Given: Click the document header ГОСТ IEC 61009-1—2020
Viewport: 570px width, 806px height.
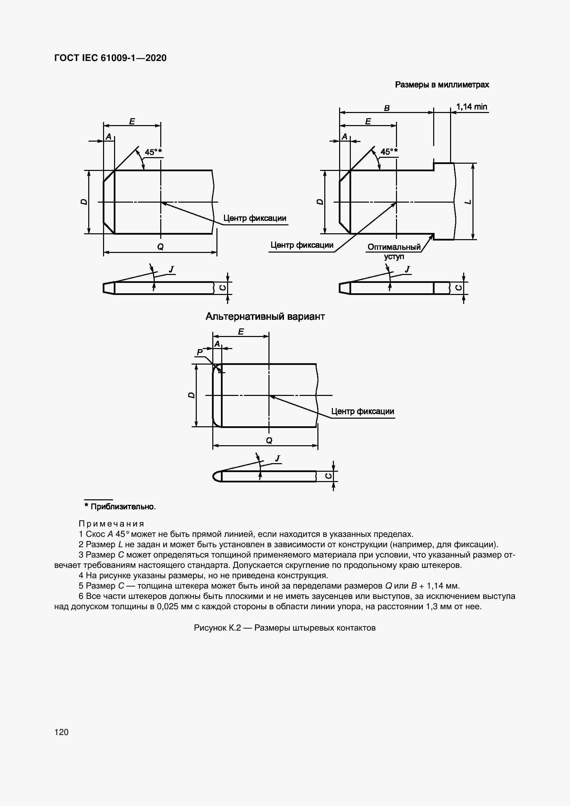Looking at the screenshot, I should tap(110, 58).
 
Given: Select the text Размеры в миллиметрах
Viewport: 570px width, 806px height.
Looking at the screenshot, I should tap(441, 85).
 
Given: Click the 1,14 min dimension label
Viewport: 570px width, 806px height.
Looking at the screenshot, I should tap(471, 107).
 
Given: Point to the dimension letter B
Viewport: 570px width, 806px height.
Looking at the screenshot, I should tap(386, 108).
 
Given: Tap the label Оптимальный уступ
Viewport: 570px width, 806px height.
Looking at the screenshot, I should tap(394, 251).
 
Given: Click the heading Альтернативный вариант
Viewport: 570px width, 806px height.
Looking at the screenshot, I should tap(265, 316).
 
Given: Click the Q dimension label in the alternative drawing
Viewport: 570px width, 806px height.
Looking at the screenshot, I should tap(269, 440).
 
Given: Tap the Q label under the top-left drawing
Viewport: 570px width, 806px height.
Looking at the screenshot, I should tap(160, 247).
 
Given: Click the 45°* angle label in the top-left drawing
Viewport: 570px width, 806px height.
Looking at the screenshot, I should tap(153, 152).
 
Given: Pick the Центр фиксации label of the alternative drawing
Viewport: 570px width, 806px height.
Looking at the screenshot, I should tap(363, 411).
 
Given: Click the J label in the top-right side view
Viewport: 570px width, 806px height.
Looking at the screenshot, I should tap(407, 269).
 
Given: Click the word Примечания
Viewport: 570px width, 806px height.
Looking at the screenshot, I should tap(111, 524).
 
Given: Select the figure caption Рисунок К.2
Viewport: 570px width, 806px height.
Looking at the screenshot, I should tap(284, 628).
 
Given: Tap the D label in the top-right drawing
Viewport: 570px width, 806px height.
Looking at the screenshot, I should tap(319, 202).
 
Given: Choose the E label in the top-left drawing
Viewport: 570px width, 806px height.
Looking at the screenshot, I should tap(132, 121).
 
